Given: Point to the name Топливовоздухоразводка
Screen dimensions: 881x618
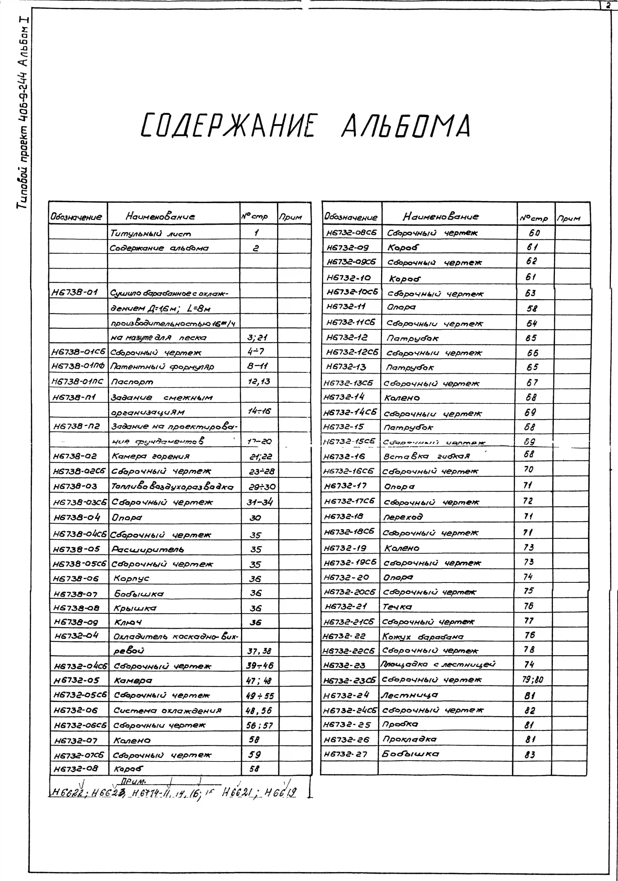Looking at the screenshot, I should click(172, 487).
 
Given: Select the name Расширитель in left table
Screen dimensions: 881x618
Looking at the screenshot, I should click(148, 549).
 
